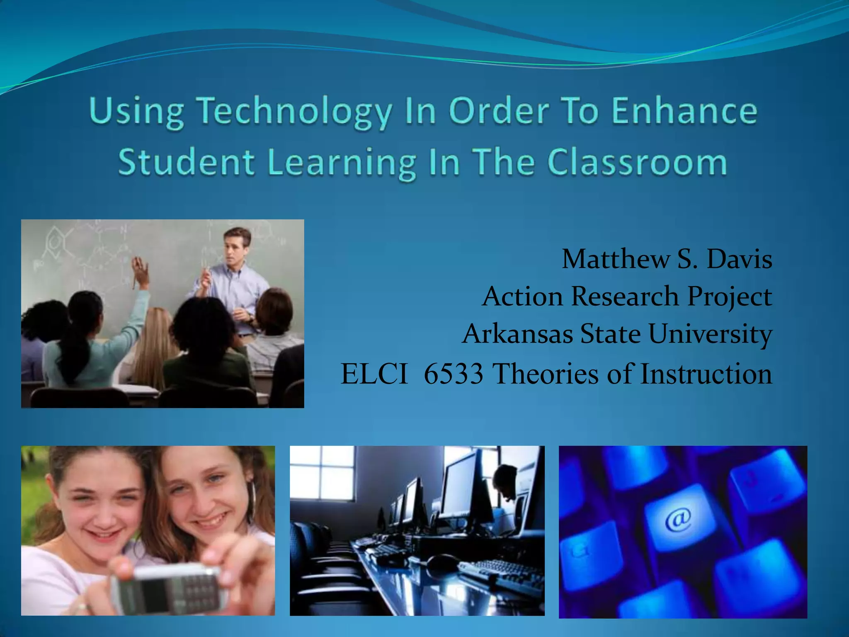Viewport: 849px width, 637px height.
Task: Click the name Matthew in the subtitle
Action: (615, 259)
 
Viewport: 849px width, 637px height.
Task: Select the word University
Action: (710, 334)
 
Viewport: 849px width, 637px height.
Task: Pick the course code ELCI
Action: (374, 373)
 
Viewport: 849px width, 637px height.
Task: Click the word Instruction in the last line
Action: (706, 373)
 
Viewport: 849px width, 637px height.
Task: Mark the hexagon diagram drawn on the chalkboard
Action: (54, 241)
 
